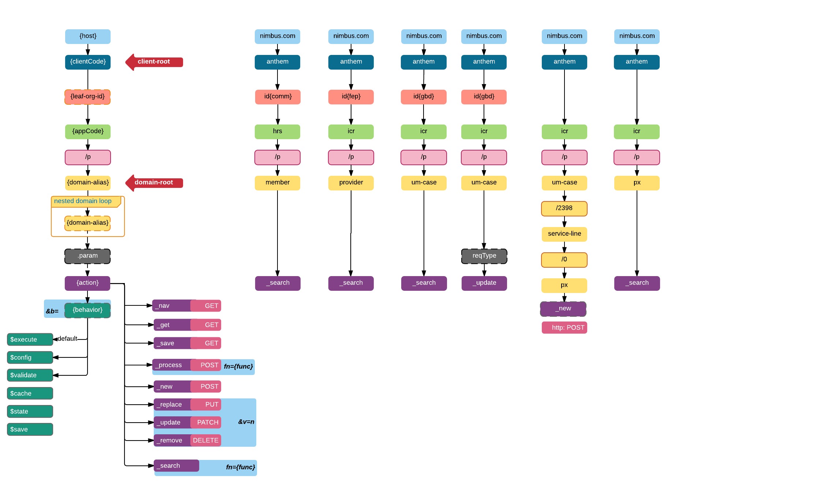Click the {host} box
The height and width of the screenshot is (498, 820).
pyautogui.click(x=88, y=36)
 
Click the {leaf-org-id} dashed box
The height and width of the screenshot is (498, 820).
pyautogui.click(x=87, y=97)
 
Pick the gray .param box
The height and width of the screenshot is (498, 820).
pyautogui.click(x=87, y=256)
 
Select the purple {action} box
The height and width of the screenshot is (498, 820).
pyautogui.click(x=87, y=283)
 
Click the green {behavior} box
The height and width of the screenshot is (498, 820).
pyautogui.click(x=87, y=310)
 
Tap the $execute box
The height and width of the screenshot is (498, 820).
pyautogui.click(x=30, y=339)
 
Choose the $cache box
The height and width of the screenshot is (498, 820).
pyautogui.click(x=30, y=393)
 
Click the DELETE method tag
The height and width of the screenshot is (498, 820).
pyautogui.click(x=206, y=440)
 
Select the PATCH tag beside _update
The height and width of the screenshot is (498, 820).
pyautogui.click(x=207, y=422)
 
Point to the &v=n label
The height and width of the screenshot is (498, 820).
pyautogui.click(x=246, y=422)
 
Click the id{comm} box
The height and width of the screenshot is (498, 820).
pyautogui.click(x=278, y=97)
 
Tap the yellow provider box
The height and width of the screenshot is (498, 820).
pyautogui.click(x=351, y=183)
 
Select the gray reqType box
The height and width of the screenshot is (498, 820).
pyautogui.click(x=484, y=256)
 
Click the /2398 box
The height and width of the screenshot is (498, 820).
pyautogui.click(x=564, y=208)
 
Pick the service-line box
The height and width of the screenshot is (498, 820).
pyautogui.click(x=564, y=234)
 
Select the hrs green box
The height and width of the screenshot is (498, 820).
pyautogui.click(x=277, y=131)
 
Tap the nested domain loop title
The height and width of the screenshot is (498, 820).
pyautogui.click(x=83, y=201)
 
